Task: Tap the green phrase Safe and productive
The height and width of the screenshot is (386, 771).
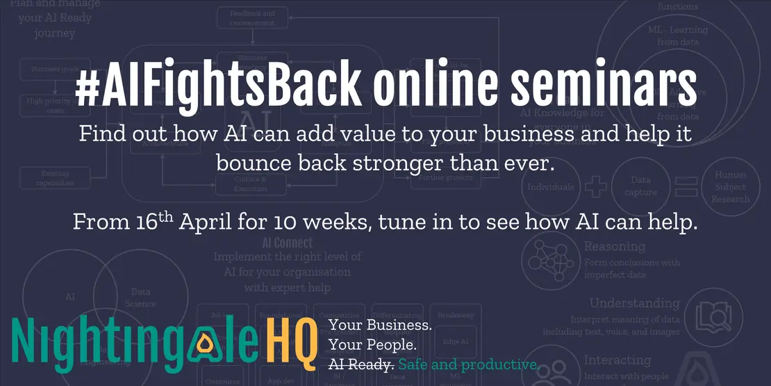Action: click(469, 365)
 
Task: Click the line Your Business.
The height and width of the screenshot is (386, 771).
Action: click(381, 325)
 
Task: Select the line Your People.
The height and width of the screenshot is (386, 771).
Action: click(372, 345)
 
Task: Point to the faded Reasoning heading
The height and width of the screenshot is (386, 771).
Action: click(615, 246)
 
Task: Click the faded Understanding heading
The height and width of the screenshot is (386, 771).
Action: click(634, 303)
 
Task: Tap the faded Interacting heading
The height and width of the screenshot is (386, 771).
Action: click(617, 360)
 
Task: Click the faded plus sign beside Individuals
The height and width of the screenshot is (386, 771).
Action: click(594, 186)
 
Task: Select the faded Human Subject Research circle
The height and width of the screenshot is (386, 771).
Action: click(730, 187)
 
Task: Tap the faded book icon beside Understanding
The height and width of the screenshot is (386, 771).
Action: click(710, 316)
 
